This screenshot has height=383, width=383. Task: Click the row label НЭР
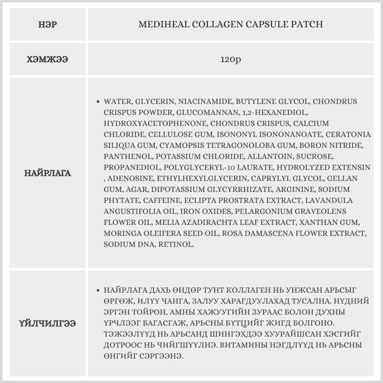[47, 25]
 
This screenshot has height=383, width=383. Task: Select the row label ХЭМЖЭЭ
[47, 60]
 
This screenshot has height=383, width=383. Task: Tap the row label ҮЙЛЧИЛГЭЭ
[47, 324]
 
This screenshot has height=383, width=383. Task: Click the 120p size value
[231, 60]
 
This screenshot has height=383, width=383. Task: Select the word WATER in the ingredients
[116, 102]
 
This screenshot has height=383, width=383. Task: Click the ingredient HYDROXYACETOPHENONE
[155, 124]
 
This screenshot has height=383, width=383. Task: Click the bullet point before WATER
[98, 102]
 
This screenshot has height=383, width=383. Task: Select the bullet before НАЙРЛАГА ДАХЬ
[98, 290]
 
